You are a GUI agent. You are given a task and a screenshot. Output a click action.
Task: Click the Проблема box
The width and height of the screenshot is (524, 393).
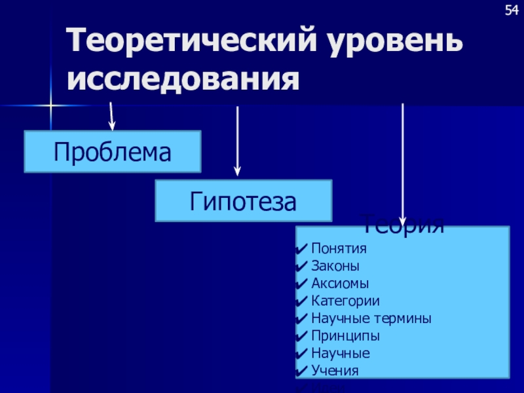pos(112,152)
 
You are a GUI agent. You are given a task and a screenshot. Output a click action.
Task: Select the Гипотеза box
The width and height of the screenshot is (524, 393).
pos(243,201)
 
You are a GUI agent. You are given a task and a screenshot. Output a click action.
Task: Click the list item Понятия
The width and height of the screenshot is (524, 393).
pos(339,249)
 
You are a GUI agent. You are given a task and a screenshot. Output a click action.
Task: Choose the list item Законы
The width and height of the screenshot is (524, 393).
pos(335,266)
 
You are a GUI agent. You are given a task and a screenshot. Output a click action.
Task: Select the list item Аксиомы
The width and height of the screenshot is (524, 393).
pos(340,284)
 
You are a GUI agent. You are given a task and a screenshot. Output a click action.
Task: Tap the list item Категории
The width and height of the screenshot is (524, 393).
pos(345,301)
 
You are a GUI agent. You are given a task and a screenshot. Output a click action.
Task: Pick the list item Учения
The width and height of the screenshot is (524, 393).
pos(335,370)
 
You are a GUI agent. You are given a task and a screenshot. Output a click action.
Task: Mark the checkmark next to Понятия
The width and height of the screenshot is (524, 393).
pos(302,249)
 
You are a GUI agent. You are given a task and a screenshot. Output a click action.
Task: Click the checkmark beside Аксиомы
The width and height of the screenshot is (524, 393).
pos(302,284)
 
